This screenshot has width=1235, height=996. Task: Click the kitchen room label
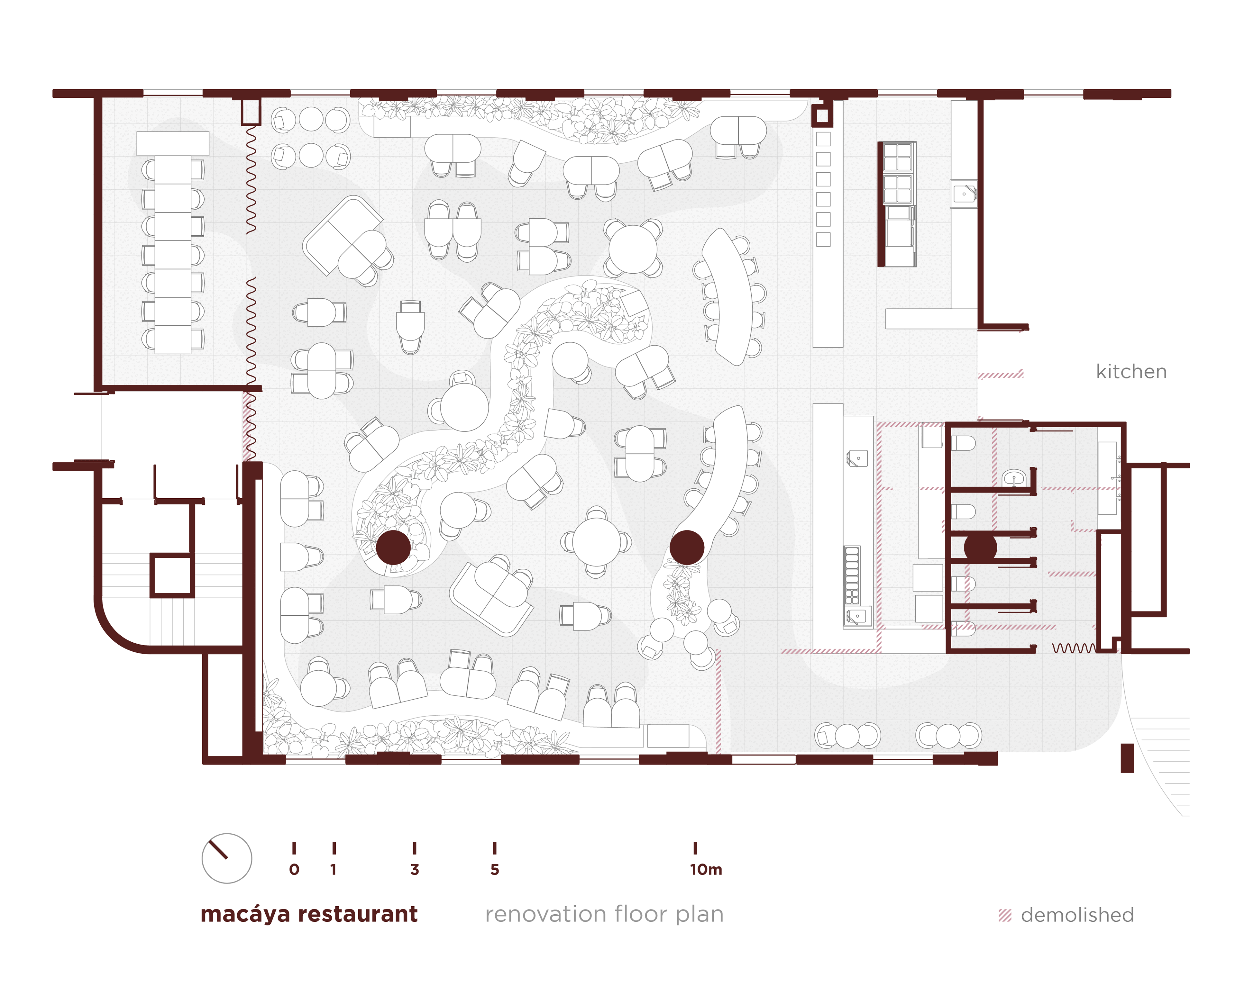tap(1130, 372)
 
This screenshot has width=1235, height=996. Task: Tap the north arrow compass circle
tap(227, 858)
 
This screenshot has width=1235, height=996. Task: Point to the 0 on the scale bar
tap(294, 869)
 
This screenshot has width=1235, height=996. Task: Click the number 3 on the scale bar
tap(414, 869)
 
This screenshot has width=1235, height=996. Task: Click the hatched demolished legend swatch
tap(1004, 915)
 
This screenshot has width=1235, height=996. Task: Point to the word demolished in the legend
tap(1077, 915)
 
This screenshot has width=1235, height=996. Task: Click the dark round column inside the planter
tap(393, 547)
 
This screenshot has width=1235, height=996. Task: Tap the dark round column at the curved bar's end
tap(687, 547)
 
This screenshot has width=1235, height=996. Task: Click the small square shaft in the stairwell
tap(171, 575)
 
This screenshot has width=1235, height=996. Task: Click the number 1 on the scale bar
tap(334, 869)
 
